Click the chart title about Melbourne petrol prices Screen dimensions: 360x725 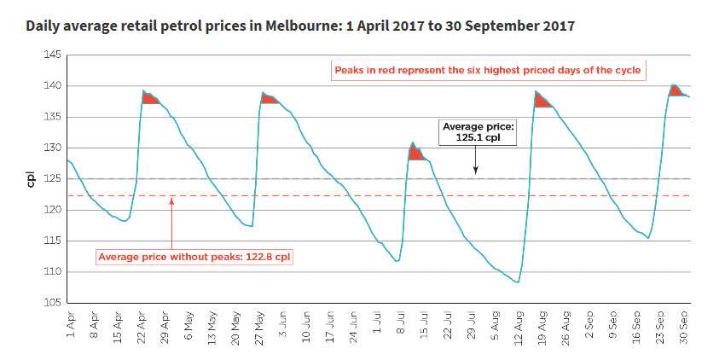300,26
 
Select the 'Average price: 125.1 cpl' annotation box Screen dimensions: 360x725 474,132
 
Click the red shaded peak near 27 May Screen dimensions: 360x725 269,99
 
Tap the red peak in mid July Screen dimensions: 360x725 416,154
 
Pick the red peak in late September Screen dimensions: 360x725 676,90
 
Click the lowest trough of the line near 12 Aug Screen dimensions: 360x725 518,282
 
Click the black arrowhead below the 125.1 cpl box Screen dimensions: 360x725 475,174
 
